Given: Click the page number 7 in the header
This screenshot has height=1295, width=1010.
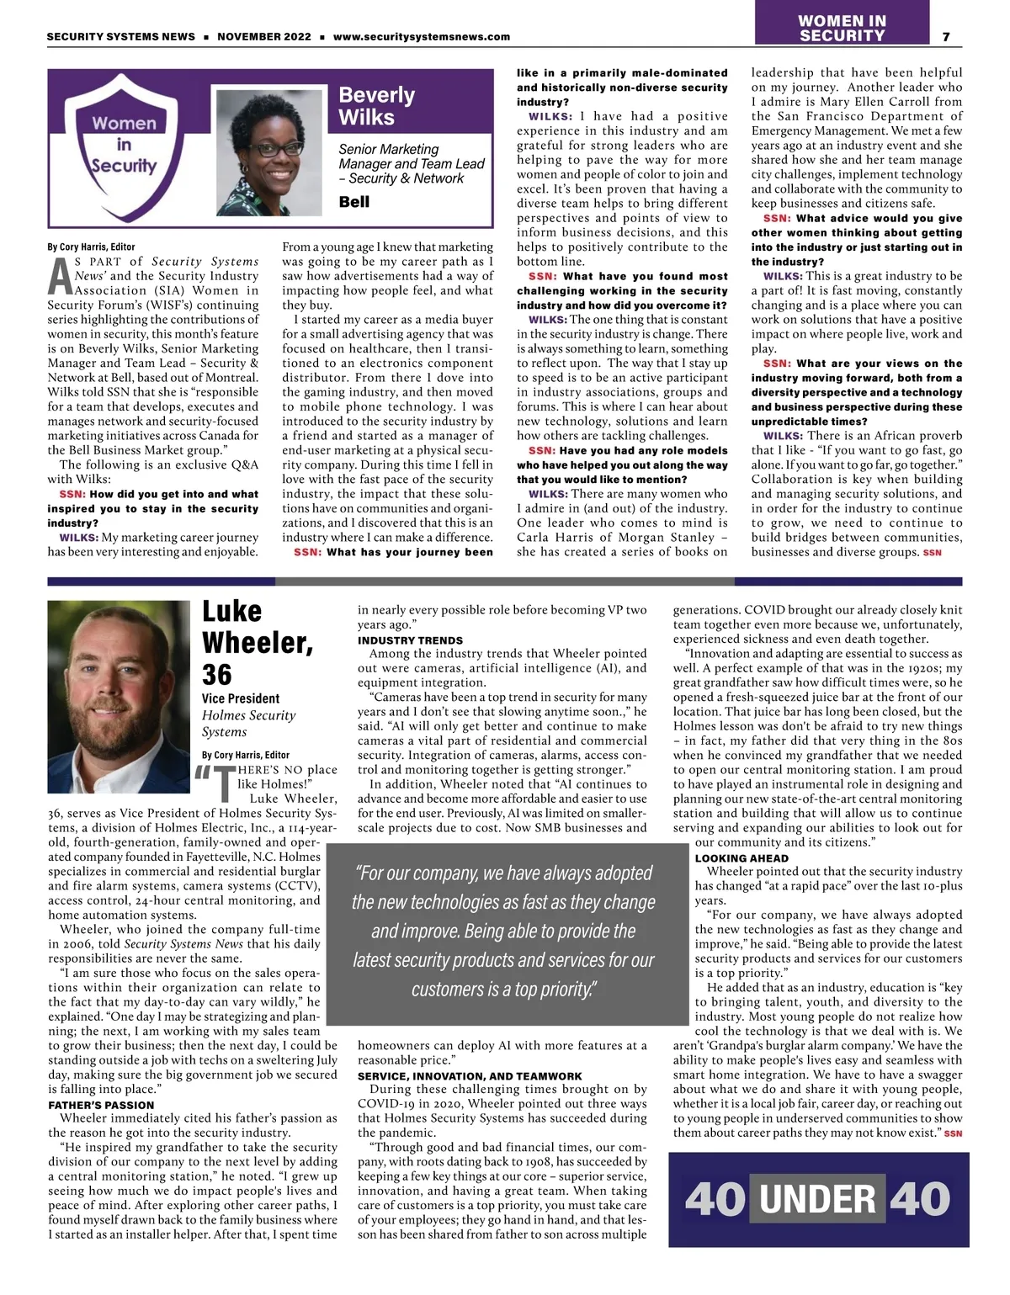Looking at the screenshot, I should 946,36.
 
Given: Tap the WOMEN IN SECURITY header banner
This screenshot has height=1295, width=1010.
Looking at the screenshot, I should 842,28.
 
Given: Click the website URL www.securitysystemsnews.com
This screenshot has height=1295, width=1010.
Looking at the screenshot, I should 421,37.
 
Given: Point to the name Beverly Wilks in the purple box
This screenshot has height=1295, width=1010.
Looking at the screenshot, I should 376,106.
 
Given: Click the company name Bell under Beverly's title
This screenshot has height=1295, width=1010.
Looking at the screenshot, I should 353,202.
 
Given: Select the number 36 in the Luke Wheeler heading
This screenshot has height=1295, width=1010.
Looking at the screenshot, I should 217,675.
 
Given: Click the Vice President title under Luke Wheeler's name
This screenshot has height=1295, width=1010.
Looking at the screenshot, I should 241,698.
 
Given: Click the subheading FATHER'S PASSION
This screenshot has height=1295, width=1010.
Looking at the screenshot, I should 101,1105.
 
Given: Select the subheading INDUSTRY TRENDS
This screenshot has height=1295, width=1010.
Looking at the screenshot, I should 410,640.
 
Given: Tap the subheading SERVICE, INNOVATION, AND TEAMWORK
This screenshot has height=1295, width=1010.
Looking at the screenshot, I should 470,1076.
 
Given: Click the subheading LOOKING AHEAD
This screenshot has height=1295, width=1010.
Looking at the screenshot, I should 742,858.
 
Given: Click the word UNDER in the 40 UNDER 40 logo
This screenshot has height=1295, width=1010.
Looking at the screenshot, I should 817,1199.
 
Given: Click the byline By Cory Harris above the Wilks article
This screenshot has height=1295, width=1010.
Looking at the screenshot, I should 91,247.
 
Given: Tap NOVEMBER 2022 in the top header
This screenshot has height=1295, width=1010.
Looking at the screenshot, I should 263,37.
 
